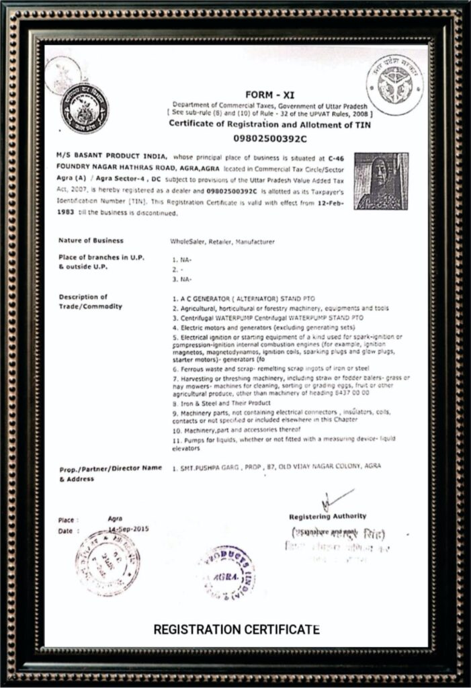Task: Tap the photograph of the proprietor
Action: point(381,181)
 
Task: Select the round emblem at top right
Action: point(394,85)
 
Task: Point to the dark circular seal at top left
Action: point(84,107)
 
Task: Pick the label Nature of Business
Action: point(91,240)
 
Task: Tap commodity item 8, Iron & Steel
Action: point(221,402)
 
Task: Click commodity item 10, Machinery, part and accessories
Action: point(236,428)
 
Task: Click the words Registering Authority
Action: point(327,516)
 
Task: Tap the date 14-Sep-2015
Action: point(128,530)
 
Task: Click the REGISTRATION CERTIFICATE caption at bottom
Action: point(236,630)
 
